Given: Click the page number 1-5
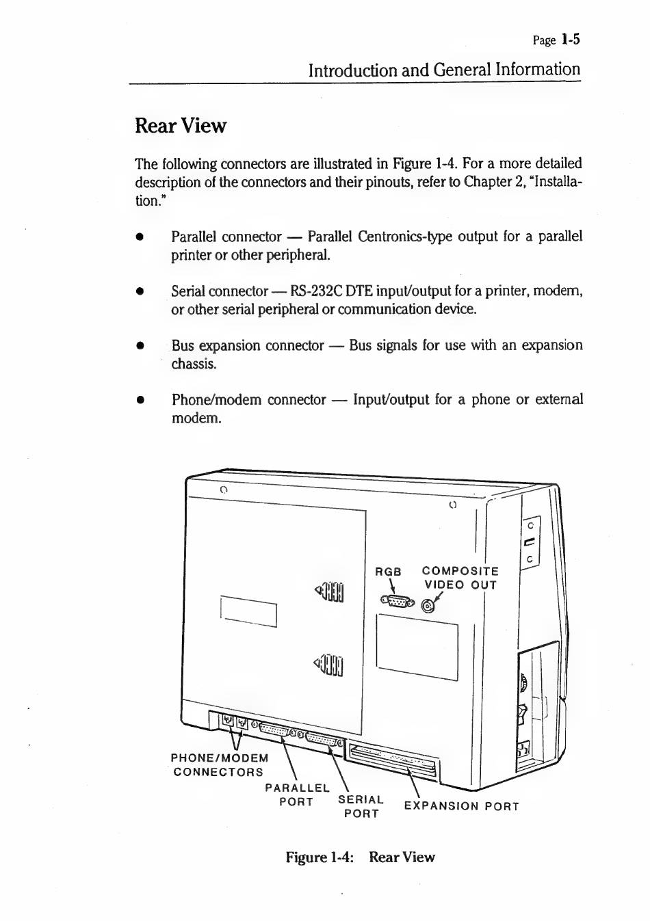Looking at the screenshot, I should click(x=570, y=39).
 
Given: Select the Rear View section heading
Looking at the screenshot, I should click(x=180, y=126).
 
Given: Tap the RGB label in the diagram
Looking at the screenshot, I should click(x=388, y=572).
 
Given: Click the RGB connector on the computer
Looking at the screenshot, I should click(x=398, y=602).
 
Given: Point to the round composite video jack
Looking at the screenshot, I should click(x=428, y=606).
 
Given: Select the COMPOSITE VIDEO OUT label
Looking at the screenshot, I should click(x=460, y=578).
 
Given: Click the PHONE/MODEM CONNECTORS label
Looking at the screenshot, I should click(x=219, y=764).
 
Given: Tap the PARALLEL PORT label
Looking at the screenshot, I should click(x=296, y=795).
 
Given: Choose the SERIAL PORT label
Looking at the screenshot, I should click(x=361, y=806).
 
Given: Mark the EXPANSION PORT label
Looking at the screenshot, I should click(x=461, y=806).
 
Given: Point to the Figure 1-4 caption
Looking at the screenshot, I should click(x=360, y=857).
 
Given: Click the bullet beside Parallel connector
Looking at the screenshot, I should click(x=140, y=237).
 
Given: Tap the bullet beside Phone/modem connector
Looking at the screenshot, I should click(x=140, y=400).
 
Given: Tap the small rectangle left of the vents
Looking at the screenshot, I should click(x=248, y=611).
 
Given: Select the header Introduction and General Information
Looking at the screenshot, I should click(x=443, y=70).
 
